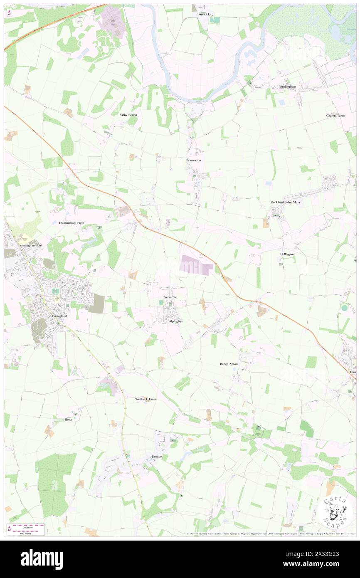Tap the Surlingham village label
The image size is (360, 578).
[x=289, y=87]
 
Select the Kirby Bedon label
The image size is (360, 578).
[x=128, y=115]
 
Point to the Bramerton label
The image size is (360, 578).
[x=193, y=160]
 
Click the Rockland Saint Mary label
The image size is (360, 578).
[x=285, y=202]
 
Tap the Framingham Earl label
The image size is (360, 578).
[x=30, y=245]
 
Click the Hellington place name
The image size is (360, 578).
[x=287, y=254]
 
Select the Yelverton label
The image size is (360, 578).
[x=170, y=297]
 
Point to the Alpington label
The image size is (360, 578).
[x=175, y=321]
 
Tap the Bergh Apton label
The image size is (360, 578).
[x=229, y=364]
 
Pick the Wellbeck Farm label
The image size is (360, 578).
[x=145, y=399]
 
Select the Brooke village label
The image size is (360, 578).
[x=156, y=457]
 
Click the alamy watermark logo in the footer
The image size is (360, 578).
[x=42, y=559]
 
